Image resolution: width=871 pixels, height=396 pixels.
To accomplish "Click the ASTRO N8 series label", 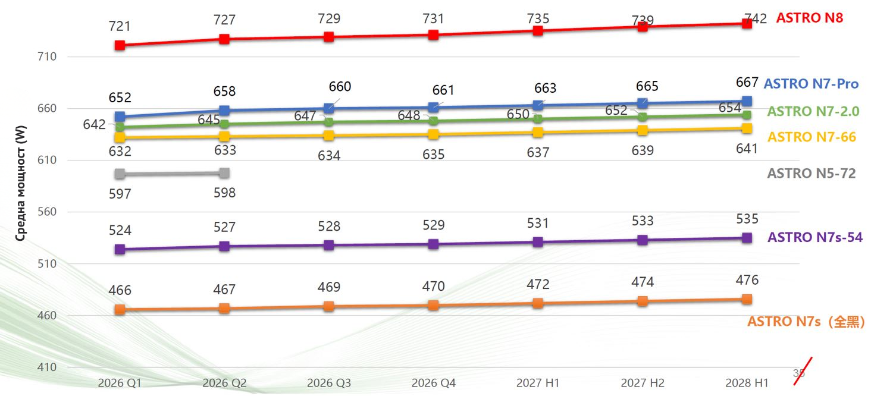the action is tap(810, 18).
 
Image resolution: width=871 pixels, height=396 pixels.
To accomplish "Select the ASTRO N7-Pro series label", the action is tap(811, 84).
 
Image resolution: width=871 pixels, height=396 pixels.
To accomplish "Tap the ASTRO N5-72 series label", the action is tap(812, 173).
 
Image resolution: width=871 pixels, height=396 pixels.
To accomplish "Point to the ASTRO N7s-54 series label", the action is tap(815, 237).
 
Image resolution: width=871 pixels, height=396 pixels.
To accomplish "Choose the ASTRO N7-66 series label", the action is tap(812, 137).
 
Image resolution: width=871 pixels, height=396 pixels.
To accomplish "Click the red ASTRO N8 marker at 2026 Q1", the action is tap(120, 45).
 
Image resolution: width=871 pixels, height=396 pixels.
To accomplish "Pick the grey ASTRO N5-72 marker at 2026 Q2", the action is tap(224, 173).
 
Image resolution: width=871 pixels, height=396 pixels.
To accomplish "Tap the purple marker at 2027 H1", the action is tap(538, 242).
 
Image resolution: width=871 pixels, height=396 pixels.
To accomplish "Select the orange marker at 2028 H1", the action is tap(747, 299).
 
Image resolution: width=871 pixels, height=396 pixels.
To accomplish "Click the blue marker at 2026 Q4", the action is tap(434, 107).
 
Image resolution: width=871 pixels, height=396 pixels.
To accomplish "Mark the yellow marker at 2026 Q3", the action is tap(329, 136).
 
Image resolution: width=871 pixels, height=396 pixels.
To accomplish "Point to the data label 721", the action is tap(120, 26).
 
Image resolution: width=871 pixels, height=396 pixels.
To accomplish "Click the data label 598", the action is tap(224, 193).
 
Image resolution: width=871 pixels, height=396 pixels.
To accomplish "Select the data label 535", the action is tap(747, 219).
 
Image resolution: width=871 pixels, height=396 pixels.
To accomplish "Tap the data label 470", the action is tap(434, 287).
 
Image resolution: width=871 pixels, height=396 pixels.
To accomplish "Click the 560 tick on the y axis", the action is tap(47, 212).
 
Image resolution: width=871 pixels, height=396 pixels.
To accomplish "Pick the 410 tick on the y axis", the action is tap(47, 367).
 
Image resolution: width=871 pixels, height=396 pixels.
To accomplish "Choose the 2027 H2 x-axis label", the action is tap(643, 383).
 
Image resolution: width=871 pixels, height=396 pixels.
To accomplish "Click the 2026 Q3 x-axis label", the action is tap(329, 383).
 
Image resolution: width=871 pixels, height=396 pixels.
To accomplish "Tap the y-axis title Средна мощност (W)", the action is tap(21, 183).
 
